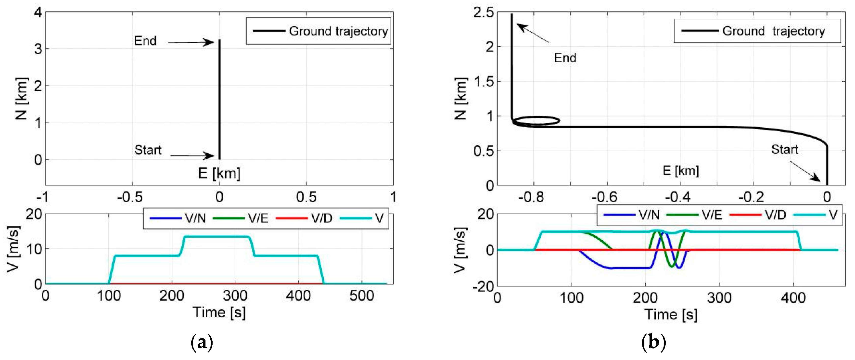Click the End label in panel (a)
pyautogui.click(x=145, y=41)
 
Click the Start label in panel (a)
pyautogui.click(x=148, y=150)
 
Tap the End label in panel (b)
pyautogui.click(x=565, y=58)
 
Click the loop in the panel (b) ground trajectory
pyautogui.click(x=538, y=121)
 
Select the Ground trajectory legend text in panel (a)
pyautogui.click(x=338, y=31)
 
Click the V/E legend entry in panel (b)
pyautogui.click(x=712, y=215)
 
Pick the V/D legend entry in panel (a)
pyautogui.click(x=321, y=218)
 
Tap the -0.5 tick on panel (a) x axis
pyautogui.click(x=130, y=197)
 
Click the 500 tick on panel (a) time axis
pyautogui.click(x=361, y=296)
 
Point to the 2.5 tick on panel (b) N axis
pyautogui.click(x=483, y=13)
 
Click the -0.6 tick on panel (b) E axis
pyautogui.click(x=604, y=197)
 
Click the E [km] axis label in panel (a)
pyautogui.click(x=219, y=173)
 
